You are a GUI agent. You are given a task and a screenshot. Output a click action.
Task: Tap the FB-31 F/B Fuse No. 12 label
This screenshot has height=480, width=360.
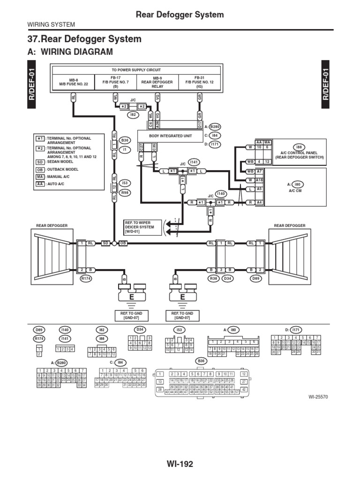[x=200, y=82]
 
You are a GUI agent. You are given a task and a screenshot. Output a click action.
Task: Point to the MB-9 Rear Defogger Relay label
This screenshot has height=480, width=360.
[x=157, y=82]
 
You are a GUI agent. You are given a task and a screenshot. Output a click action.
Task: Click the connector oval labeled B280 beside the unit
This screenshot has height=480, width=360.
[x=215, y=126]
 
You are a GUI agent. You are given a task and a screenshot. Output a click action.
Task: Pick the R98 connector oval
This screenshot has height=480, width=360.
[x=125, y=193]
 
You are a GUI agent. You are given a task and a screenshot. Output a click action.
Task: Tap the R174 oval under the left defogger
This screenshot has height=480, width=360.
[x=86, y=278]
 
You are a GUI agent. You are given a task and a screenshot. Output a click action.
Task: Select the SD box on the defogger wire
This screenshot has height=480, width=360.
[x=106, y=243]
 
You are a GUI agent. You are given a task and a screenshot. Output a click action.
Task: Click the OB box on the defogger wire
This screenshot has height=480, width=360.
[x=123, y=243]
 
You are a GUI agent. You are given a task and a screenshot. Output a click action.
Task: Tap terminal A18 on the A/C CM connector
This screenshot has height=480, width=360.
[x=259, y=180]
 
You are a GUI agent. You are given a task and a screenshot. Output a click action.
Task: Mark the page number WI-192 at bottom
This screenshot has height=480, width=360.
[x=180, y=464]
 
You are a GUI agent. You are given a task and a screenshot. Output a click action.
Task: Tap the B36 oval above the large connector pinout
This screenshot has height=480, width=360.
[x=202, y=361]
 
